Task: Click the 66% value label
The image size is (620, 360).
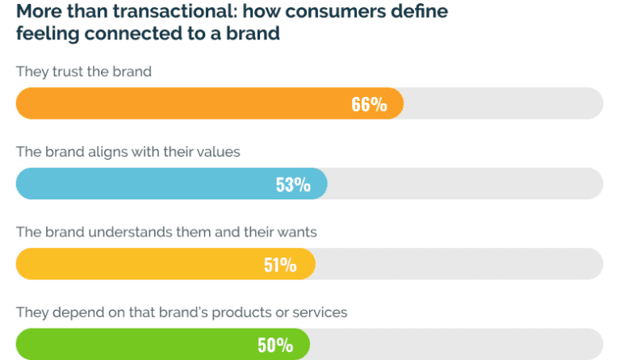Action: [x=369, y=104]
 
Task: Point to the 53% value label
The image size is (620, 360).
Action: [x=293, y=185]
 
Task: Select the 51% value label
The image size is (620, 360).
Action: [x=280, y=265]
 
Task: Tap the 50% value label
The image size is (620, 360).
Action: [x=275, y=345]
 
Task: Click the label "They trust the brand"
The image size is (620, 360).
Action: [x=84, y=71]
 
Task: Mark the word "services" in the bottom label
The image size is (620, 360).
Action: [x=321, y=312]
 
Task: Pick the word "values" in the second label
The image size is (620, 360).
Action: [x=220, y=151]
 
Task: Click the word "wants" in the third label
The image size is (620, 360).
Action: [x=298, y=232]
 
